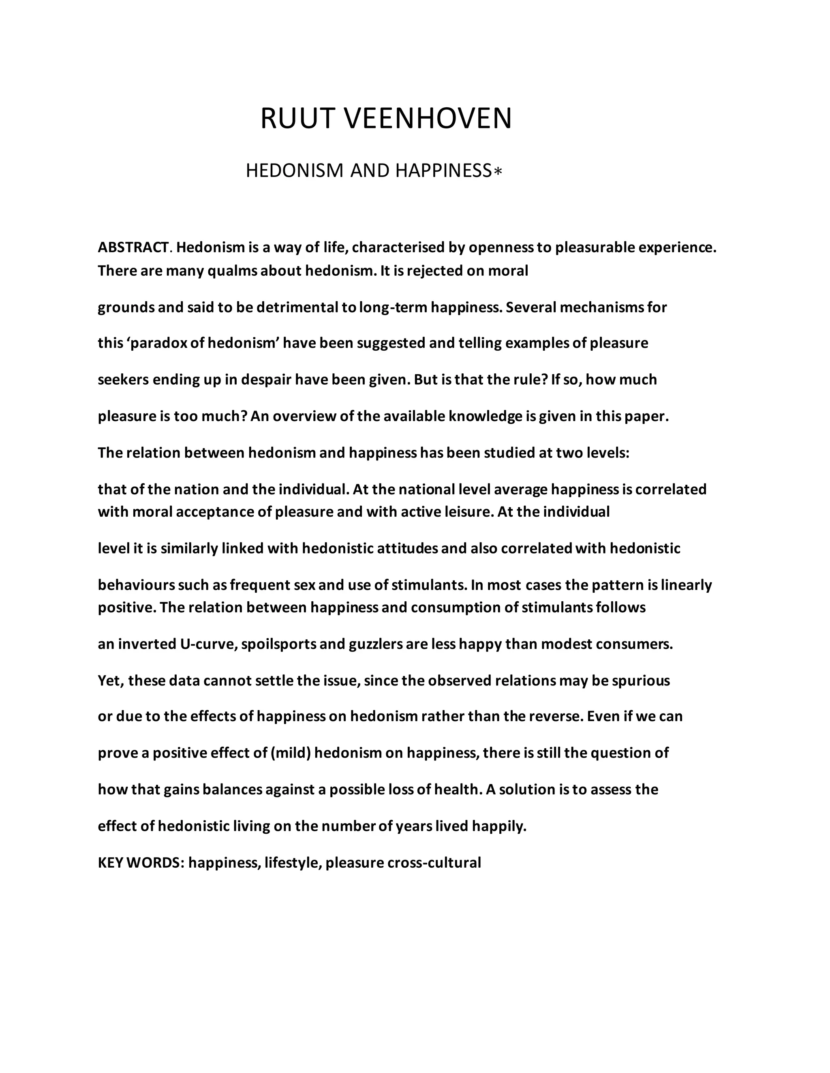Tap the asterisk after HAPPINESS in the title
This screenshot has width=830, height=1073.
tap(498, 171)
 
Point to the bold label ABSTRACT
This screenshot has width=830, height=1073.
tap(133, 247)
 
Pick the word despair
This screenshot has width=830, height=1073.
tap(266, 380)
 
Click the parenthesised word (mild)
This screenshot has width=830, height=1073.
tap(291, 753)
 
